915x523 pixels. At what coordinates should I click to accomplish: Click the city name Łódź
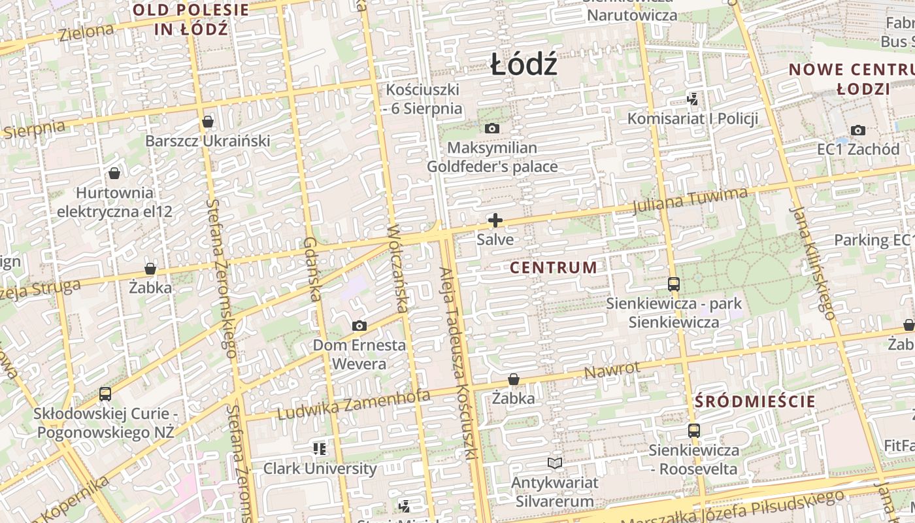coord(524,65)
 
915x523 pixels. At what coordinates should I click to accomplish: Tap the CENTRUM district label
coord(553,267)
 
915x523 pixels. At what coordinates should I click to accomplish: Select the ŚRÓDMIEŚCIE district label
coord(755,401)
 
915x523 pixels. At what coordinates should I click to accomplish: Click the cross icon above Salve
coord(495,220)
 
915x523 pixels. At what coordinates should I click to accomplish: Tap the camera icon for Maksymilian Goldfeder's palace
coord(492,129)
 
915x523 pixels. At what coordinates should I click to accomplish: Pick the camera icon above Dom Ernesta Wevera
coord(359,326)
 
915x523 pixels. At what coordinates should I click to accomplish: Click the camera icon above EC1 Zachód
coord(858,130)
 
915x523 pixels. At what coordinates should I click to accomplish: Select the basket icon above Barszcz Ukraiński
coord(208,122)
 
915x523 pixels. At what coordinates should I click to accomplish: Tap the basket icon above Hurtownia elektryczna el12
coord(114,173)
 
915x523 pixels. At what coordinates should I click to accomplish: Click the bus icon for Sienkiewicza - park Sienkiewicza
coord(674,284)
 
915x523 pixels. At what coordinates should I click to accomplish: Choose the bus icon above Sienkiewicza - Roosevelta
coord(693,431)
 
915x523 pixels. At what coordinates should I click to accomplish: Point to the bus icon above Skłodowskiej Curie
coord(105,394)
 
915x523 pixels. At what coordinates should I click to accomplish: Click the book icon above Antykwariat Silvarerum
coord(555,464)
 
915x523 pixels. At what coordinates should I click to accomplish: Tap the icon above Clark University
coord(320,448)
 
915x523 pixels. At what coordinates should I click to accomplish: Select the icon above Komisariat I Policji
coord(693,99)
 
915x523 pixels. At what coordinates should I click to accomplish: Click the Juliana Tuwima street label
coord(690,199)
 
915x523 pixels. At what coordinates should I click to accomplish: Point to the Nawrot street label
coord(612,370)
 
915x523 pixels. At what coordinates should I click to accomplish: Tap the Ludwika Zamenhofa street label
coord(354,404)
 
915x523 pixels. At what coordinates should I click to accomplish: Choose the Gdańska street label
coord(312,269)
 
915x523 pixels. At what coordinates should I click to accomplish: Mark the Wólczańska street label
coord(398,268)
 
